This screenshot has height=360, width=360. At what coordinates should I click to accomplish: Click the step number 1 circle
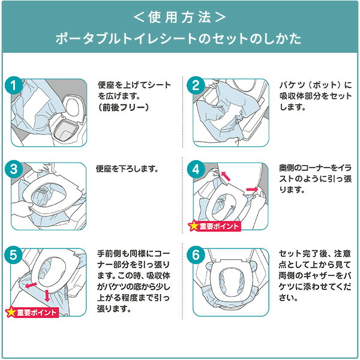14,85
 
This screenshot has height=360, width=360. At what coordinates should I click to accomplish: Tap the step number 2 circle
196,85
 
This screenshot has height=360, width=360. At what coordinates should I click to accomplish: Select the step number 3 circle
14,169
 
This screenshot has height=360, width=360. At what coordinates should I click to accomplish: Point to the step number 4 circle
196,170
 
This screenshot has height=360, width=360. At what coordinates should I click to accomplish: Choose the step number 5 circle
14,255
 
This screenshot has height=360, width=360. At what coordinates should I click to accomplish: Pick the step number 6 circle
196,255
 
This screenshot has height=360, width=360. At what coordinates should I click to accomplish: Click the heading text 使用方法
180,17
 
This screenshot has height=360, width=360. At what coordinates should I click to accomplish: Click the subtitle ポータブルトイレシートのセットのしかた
178,38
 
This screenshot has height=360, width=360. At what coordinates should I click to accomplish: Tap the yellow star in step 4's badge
193,226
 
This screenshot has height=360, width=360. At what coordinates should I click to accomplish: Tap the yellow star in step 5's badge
11,312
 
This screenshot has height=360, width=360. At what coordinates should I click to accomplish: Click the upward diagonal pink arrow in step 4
226,176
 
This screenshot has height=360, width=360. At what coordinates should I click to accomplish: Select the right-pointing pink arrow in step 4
252,190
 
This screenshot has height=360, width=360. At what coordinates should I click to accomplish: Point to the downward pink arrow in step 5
47,296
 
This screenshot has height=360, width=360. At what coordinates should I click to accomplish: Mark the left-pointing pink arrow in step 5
31,285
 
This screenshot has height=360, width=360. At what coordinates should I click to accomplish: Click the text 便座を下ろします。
127,169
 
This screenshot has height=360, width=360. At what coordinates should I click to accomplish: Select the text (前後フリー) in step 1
123,107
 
